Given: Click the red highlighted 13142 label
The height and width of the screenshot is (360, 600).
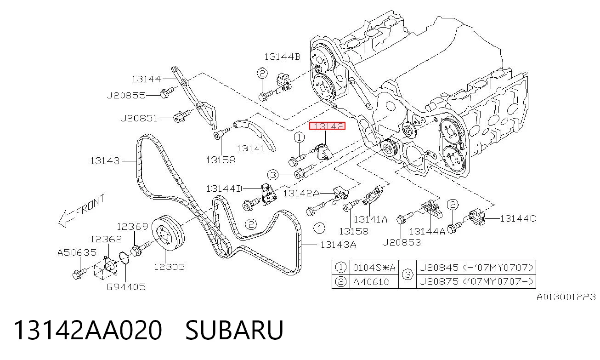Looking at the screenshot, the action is (327, 126).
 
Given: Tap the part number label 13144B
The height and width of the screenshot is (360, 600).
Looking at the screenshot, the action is (283, 57).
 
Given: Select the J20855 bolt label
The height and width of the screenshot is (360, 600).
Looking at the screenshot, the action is (126, 96).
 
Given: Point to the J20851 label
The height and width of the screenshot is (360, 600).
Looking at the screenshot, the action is (139, 118).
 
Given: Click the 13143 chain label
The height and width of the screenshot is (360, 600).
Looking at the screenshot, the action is (105, 161).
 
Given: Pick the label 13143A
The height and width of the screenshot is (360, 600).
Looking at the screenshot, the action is (338, 245).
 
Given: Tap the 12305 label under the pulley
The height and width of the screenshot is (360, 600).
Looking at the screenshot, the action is (169, 267).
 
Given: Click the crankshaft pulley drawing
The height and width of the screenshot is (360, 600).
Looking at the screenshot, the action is (168, 233).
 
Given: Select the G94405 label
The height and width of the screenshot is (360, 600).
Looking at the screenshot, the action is (126, 287).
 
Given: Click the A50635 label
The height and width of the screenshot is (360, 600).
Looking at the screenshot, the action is (77, 252).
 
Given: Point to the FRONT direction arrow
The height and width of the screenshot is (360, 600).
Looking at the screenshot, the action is (82, 211).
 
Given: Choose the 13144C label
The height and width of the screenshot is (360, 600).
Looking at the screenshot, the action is (518, 219).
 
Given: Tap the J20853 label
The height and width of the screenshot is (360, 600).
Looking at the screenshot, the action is (402, 242).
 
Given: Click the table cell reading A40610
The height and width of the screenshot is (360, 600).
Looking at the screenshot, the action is (371, 282).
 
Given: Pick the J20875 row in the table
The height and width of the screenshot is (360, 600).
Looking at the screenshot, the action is (476, 282).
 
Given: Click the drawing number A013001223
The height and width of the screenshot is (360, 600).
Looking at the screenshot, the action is (566, 297).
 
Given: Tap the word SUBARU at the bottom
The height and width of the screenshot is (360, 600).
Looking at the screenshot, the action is (234, 330).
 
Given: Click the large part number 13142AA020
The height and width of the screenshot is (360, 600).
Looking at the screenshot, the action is (88, 330).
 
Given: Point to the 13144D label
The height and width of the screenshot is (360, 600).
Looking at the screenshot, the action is (224, 189).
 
